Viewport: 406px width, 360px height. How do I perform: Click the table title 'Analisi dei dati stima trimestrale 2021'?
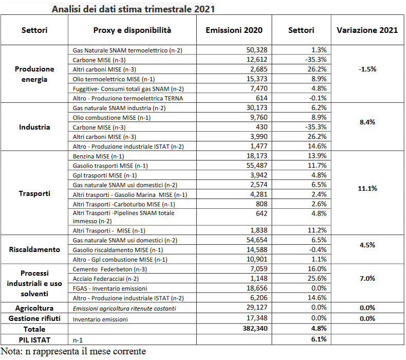click(x=133, y=9)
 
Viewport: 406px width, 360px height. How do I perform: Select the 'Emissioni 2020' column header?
click(x=234, y=30)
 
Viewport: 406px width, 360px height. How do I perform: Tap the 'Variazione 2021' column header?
click(x=367, y=30)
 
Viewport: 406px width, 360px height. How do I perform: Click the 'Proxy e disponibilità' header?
click(x=132, y=30)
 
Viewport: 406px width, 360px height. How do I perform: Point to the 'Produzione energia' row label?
click(x=34, y=74)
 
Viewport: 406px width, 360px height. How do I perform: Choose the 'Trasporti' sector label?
click(x=34, y=193)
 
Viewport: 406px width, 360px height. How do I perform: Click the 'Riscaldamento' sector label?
click(x=34, y=249)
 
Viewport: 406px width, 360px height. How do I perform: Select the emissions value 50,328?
click(x=256, y=50)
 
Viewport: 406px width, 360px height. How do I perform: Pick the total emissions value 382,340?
click(x=255, y=329)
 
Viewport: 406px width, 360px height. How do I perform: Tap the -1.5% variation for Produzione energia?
click(x=367, y=69)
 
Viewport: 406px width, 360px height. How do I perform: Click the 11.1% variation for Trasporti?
click(x=367, y=188)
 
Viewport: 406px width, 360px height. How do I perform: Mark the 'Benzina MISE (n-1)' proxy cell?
click(x=98, y=156)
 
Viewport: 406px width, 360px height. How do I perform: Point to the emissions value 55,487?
click(x=256, y=166)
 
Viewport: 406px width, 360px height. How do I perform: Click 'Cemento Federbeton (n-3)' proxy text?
click(x=110, y=269)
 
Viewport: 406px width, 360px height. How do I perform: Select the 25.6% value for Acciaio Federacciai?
click(x=317, y=278)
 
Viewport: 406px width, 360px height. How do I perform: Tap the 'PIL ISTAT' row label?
click(x=34, y=340)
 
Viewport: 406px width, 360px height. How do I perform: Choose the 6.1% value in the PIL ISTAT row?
click(x=319, y=339)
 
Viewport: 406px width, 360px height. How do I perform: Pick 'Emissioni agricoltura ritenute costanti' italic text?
click(x=124, y=309)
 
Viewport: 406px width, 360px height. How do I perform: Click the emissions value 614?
click(x=262, y=98)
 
